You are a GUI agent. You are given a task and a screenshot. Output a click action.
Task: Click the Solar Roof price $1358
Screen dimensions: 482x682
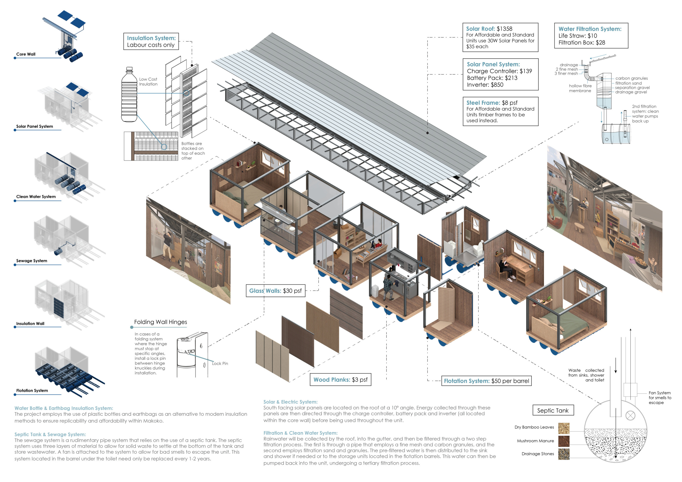(504, 29)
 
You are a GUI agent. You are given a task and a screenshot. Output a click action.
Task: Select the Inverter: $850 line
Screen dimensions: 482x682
(485, 85)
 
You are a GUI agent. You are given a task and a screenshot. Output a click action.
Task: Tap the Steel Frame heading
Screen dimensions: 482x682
(483, 103)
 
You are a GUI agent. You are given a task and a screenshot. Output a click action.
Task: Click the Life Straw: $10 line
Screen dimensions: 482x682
(578, 36)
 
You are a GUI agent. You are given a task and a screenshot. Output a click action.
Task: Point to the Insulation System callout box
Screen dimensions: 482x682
(151, 41)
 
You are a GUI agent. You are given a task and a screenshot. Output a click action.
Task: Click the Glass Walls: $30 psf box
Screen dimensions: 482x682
(275, 291)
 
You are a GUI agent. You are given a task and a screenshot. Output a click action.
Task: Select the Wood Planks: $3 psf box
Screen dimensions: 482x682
(340, 379)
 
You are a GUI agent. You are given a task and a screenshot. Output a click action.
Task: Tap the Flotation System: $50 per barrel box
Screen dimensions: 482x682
(486, 381)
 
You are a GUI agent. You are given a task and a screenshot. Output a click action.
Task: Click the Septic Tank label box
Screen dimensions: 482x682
(553, 411)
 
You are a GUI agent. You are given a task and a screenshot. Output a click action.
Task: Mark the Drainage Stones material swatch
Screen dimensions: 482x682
(564, 454)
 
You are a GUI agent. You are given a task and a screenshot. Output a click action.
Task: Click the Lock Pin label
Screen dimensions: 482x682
(220, 364)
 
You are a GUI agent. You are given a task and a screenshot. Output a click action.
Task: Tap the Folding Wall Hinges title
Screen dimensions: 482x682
(160, 322)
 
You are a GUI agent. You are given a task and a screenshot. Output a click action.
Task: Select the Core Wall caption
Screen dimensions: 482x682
(26, 54)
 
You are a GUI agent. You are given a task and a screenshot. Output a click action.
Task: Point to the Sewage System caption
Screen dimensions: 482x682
(31, 261)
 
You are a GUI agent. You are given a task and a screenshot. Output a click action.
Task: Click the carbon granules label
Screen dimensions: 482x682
(632, 78)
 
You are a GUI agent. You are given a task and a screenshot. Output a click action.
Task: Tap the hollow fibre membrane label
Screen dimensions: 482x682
(580, 88)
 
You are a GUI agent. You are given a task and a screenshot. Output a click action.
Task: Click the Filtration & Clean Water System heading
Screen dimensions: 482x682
(300, 433)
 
